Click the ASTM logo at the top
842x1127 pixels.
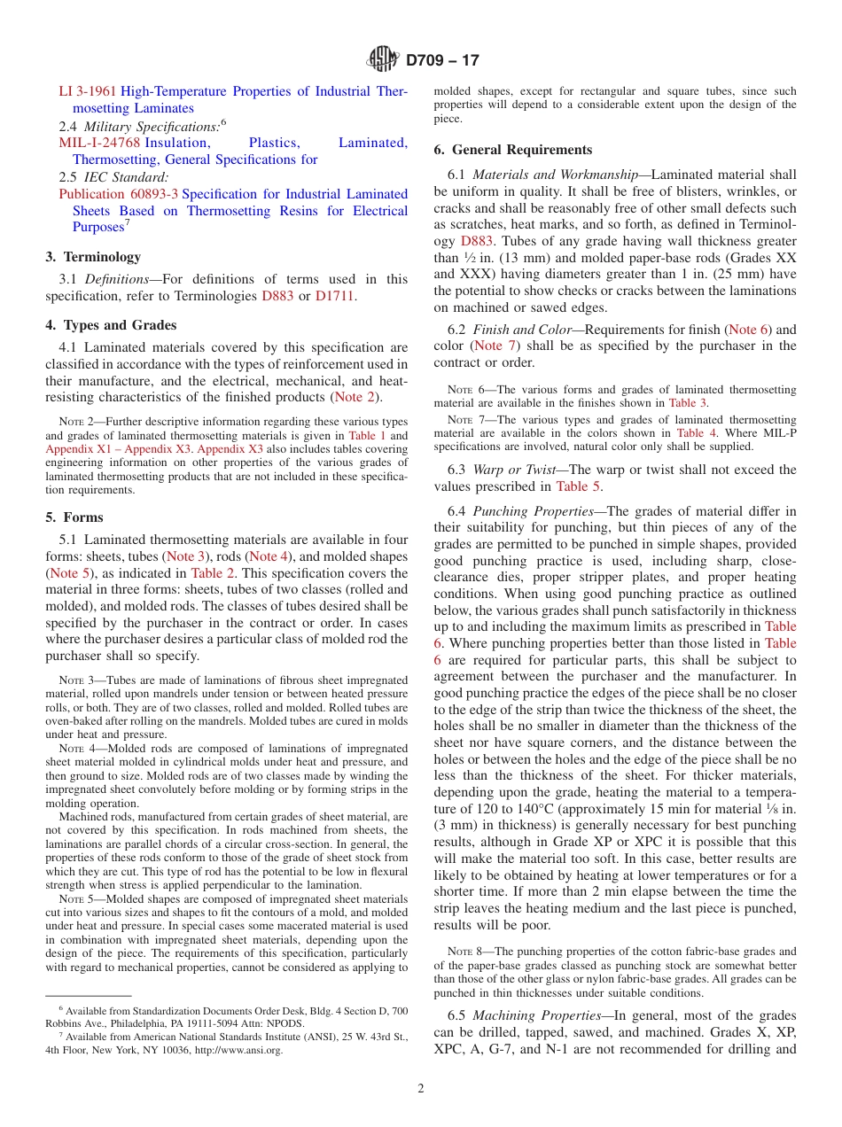[x=384, y=60]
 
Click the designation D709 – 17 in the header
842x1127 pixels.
[x=441, y=61]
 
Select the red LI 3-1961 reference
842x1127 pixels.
[x=88, y=91]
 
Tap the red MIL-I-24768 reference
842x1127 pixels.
[x=99, y=143]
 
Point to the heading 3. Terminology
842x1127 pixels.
[x=93, y=257]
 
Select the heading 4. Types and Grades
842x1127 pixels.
[x=111, y=325]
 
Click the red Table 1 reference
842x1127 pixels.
[x=368, y=436]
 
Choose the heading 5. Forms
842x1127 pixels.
[x=74, y=517]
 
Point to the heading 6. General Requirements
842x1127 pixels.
[x=513, y=150]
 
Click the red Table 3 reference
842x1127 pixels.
[x=688, y=403]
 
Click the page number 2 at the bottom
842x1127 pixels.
[x=421, y=1089]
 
